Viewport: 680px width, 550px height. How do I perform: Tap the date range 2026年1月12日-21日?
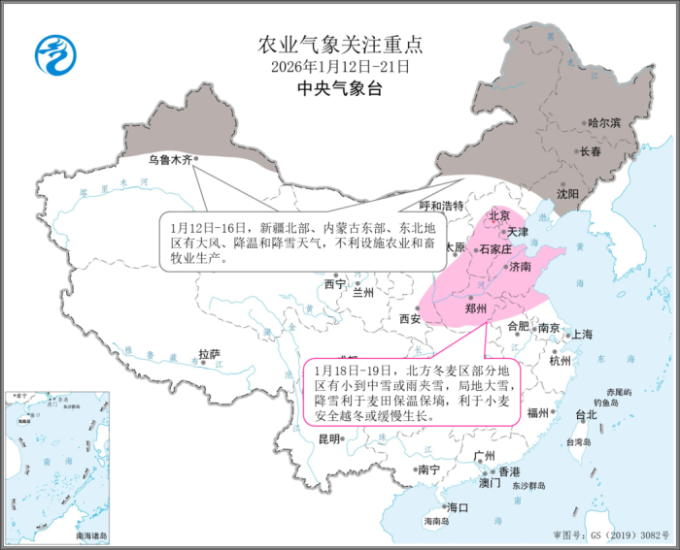tap(340, 67)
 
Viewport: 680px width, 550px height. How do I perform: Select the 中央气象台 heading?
tap(340, 89)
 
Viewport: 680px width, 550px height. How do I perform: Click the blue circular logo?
tap(55, 56)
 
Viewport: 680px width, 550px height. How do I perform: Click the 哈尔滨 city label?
tap(603, 123)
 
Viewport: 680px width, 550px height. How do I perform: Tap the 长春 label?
tap(592, 151)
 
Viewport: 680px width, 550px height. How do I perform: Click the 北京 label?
tap(499, 215)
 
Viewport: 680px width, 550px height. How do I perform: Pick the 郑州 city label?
tap(476, 309)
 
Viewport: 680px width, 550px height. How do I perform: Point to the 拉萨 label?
tap(210, 354)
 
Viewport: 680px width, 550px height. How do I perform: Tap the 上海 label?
tap(582, 334)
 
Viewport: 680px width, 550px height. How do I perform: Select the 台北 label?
tap(586, 415)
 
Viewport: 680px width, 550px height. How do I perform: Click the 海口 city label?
tap(457, 507)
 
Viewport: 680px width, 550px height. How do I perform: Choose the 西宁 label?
tap(334, 284)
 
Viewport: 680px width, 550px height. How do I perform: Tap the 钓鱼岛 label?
tap(607, 403)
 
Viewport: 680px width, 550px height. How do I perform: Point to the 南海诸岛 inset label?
tap(92, 535)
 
